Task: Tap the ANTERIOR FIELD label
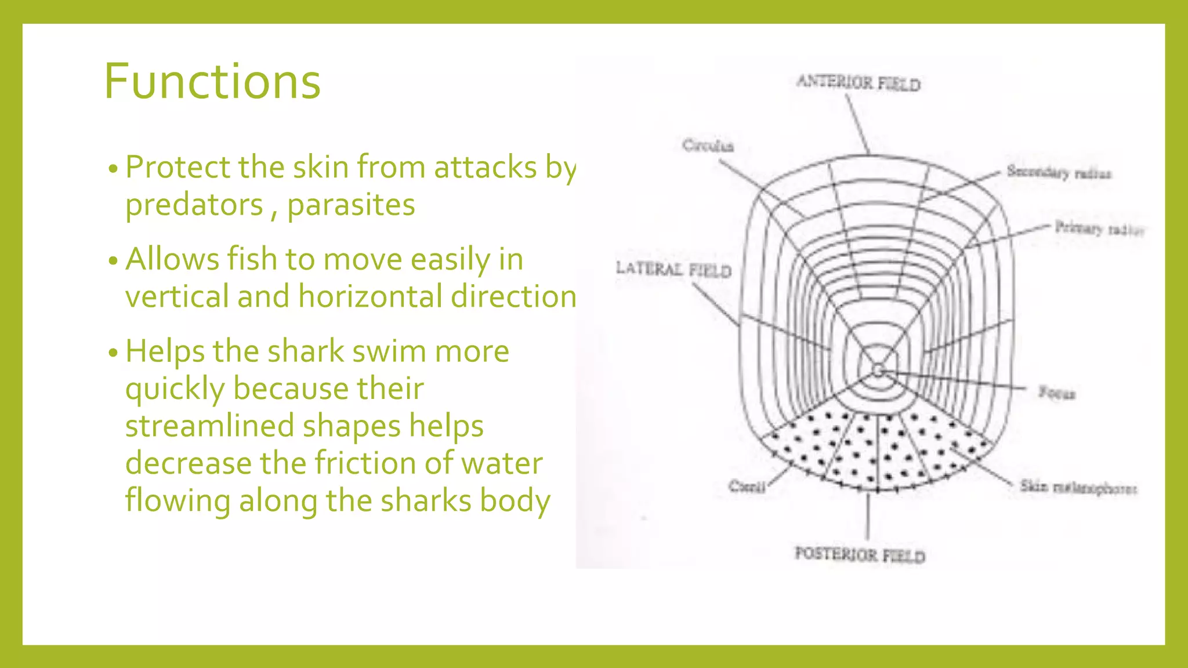click(859, 83)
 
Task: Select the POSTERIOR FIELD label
click(860, 555)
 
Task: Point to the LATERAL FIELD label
click(673, 270)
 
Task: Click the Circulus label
click(708, 145)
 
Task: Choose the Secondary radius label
click(1059, 172)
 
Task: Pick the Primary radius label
click(1099, 228)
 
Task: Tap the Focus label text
click(1057, 393)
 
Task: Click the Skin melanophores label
click(1078, 487)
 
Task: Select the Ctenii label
click(747, 486)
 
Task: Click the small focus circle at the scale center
click(878, 371)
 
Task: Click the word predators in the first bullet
click(194, 205)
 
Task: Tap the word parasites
click(351, 205)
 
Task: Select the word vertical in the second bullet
click(178, 296)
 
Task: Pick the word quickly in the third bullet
click(175, 389)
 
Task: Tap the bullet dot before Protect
click(113, 169)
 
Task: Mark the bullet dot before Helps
click(113, 353)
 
